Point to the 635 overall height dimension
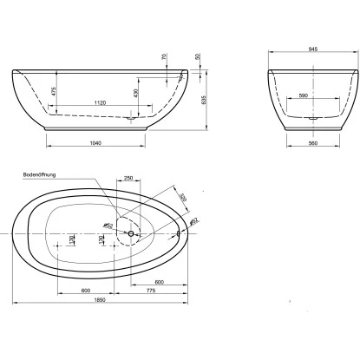pos(202,98)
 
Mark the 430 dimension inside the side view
pos(136,93)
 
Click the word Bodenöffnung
pos(40,174)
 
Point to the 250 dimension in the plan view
pos(128,177)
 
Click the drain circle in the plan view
pos(130,232)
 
